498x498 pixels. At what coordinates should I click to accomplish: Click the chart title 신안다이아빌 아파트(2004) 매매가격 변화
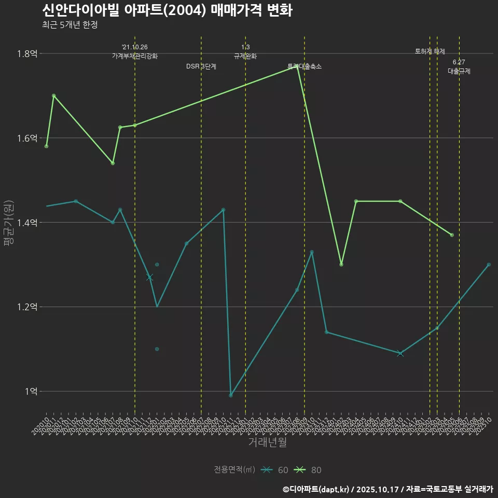166,10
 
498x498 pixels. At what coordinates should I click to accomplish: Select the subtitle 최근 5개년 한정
70,24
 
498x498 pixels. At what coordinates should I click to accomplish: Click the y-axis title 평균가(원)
9,223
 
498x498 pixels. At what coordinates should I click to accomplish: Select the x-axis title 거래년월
267,442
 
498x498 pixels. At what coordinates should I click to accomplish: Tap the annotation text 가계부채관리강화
134,56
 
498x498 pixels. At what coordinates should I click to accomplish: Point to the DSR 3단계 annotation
201,66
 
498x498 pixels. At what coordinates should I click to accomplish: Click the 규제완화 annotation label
245,56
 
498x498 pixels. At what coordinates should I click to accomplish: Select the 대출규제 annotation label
459,72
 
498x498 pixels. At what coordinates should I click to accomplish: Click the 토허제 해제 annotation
430,51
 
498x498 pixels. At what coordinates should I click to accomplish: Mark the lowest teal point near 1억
231,395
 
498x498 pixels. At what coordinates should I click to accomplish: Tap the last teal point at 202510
489,265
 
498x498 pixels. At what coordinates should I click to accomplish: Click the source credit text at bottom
388,489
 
